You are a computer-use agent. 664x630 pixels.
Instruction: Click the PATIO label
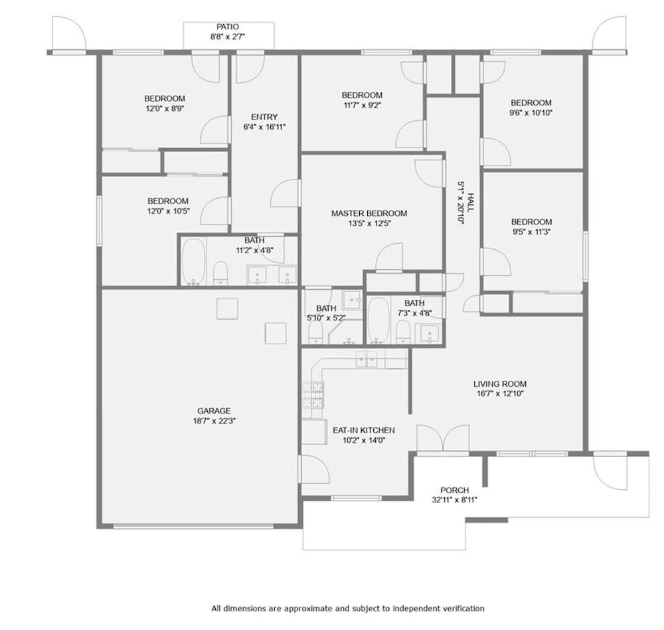(228, 27)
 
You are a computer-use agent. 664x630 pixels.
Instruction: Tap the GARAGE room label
(214, 411)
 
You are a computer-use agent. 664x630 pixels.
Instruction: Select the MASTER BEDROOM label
(369, 213)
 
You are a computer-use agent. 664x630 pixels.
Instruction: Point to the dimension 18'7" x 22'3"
(214, 421)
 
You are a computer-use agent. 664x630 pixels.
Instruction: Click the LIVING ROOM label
(500, 383)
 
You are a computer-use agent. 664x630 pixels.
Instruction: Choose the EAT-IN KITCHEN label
(364, 431)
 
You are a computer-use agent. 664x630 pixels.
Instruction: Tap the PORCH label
(455, 490)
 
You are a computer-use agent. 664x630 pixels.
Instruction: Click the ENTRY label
(265, 116)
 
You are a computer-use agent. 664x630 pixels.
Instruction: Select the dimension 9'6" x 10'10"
(531, 113)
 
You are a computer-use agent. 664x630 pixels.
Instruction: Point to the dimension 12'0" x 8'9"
(165, 108)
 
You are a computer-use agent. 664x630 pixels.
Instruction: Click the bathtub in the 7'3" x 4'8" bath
(378, 320)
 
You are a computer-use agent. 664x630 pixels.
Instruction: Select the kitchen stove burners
(313, 395)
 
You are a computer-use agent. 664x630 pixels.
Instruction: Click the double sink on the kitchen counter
(367, 360)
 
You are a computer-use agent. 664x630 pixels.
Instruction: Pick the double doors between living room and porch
(443, 438)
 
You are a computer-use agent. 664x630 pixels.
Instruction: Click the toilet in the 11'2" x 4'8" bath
(220, 273)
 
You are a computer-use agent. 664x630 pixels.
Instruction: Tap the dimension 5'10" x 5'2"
(327, 318)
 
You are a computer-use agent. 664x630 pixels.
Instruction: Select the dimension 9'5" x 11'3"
(531, 232)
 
